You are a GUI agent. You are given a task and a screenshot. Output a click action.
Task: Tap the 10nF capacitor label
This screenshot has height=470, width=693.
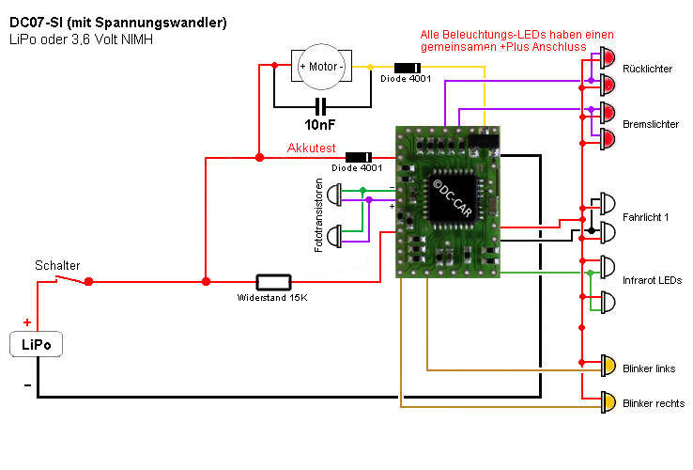[320, 123]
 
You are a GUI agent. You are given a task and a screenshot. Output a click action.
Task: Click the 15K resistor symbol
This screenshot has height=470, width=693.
[273, 281]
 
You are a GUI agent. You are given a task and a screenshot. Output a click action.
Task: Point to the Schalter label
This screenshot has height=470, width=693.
[57, 265]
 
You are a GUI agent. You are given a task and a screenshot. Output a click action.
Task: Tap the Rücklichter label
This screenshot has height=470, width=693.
[647, 70]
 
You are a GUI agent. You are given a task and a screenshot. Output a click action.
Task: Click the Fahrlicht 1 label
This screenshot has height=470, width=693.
[646, 218]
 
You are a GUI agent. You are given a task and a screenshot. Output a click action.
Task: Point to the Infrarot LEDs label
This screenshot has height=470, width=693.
[653, 281]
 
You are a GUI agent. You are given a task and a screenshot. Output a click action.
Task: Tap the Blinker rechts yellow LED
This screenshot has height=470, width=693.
[608, 402]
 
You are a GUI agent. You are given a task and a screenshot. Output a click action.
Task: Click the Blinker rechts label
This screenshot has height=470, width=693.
[653, 404]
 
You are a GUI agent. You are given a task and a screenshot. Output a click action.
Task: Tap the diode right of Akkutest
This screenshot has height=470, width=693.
[358, 156]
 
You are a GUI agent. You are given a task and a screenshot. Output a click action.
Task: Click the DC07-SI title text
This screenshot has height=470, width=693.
[117, 22]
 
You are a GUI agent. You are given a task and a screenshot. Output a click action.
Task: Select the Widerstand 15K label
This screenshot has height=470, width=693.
[273, 298]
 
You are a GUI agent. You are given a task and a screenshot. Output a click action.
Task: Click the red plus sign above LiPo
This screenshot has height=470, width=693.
[26, 321]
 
